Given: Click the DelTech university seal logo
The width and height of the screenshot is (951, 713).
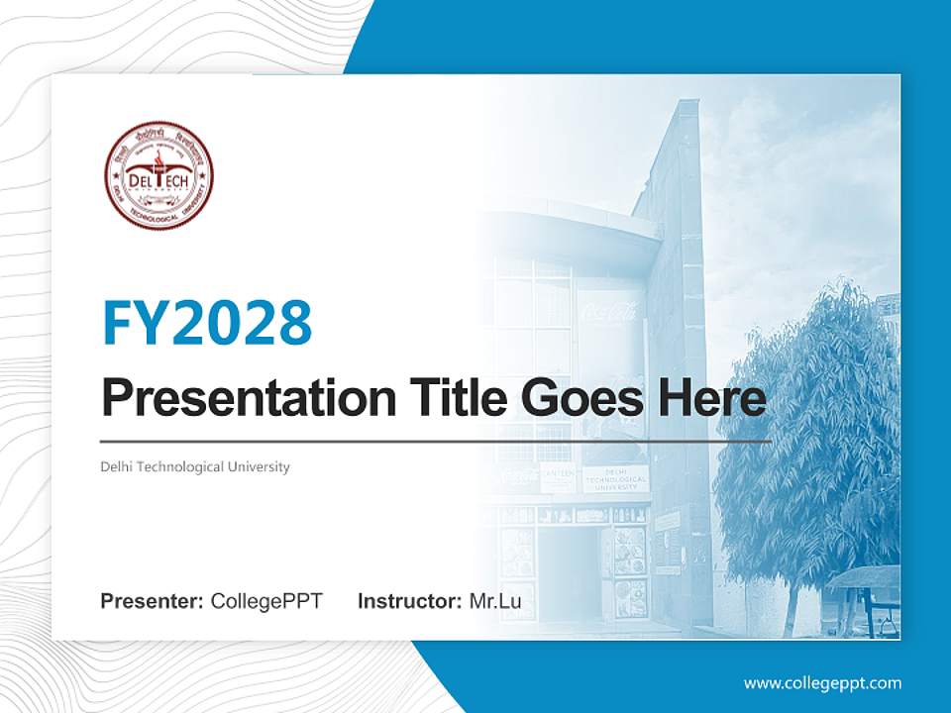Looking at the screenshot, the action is point(159,176).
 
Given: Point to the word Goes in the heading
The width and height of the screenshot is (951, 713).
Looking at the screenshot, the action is point(580,398).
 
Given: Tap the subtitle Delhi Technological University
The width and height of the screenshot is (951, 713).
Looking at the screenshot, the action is point(195,466).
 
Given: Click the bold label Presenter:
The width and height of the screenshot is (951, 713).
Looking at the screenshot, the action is point(153,601).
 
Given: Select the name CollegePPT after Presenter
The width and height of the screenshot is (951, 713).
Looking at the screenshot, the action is point(266,601).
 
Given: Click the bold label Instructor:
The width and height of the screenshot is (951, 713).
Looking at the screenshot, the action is point(409,601).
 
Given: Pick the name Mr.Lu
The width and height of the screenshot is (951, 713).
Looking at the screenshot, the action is point(494,601).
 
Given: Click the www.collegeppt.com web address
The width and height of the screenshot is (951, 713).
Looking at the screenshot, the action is point(822,683).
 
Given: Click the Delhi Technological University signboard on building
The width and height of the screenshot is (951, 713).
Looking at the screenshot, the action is point(615,477).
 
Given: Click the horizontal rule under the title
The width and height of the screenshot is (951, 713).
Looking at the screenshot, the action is point(436,442).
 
